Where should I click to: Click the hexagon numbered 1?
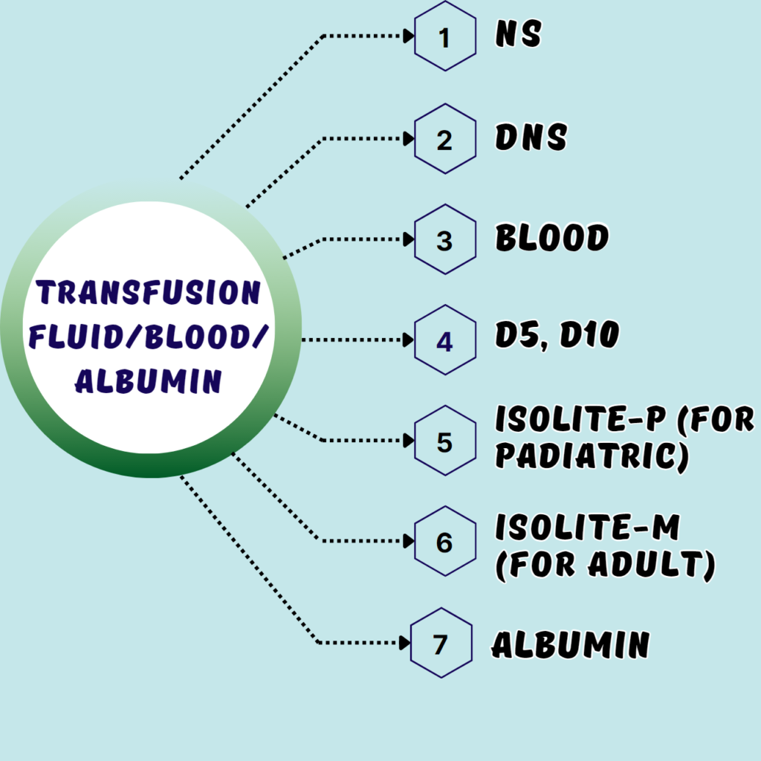pos(444,36)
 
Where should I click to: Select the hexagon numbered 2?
pos(444,139)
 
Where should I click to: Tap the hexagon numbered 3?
pos(444,240)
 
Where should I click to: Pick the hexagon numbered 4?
pos(444,341)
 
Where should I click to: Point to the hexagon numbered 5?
pos(444,441)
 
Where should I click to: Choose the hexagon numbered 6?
pos(444,542)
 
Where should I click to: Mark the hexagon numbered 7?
pos(441,643)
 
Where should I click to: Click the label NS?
pos(519,35)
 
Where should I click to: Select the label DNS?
pos(531,137)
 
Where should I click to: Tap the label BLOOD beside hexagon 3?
pos(552,239)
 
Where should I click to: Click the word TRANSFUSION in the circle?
pos(149,294)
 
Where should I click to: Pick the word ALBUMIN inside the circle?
pos(149,381)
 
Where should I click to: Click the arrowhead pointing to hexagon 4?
pos(408,341)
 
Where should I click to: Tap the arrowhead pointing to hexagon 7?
pos(405,643)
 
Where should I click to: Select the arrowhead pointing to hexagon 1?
pos(408,36)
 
